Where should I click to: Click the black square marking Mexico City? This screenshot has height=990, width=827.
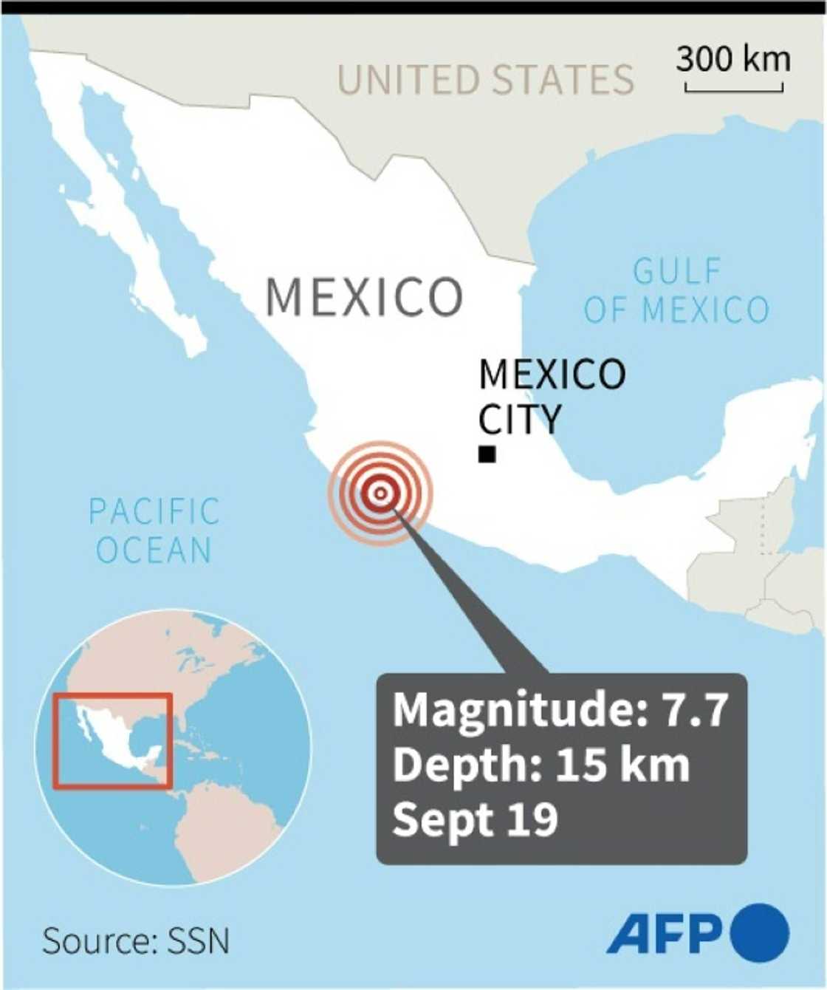(x=487, y=454)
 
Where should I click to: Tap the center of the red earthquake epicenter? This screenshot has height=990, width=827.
(x=380, y=493)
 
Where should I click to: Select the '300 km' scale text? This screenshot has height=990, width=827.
(x=732, y=59)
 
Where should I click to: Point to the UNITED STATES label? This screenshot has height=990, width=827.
(x=485, y=80)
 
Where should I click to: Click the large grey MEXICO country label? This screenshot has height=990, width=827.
(x=364, y=297)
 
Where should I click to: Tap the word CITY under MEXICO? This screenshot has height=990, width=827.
(x=520, y=419)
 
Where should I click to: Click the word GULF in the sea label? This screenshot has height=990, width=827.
(x=676, y=271)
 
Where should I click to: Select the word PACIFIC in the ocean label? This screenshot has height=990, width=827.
(x=154, y=511)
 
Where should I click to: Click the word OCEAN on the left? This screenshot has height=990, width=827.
(x=154, y=550)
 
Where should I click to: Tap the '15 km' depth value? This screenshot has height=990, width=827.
(x=622, y=765)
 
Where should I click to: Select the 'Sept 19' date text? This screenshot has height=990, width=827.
(x=475, y=819)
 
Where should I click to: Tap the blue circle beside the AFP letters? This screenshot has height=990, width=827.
(x=760, y=932)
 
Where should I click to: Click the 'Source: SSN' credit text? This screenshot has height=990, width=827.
(x=136, y=941)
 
